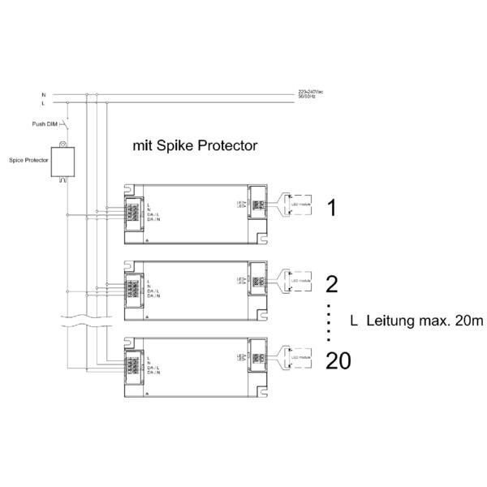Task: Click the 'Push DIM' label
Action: point(43,125)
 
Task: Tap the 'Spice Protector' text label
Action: point(28,161)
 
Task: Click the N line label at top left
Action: point(44,95)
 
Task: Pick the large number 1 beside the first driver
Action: point(331,208)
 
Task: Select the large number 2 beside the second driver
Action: point(331,283)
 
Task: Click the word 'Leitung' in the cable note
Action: point(394,321)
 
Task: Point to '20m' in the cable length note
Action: point(468,321)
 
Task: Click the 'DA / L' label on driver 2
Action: point(154,291)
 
